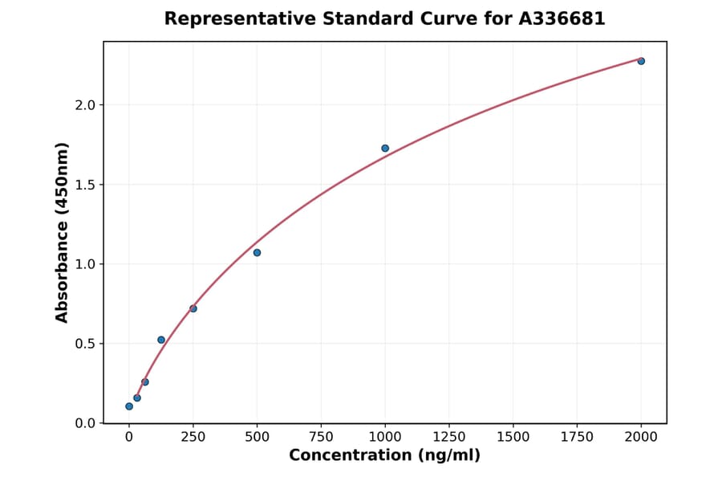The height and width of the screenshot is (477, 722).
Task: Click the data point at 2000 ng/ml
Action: (x=641, y=61)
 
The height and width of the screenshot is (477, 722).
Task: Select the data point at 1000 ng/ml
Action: (x=385, y=149)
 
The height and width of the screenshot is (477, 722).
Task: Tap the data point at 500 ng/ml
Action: (x=257, y=253)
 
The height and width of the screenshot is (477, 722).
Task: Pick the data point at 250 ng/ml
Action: (x=193, y=308)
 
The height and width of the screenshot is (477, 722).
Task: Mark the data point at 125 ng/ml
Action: (x=161, y=340)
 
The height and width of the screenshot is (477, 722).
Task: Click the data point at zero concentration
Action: (x=129, y=406)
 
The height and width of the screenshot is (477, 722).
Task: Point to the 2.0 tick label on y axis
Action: (x=85, y=105)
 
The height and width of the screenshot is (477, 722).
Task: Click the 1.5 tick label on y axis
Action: (x=85, y=185)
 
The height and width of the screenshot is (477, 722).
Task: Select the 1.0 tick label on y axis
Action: (x=85, y=264)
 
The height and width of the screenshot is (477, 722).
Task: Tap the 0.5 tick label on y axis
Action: (x=85, y=344)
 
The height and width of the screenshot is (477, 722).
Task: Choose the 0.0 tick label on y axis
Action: (x=85, y=423)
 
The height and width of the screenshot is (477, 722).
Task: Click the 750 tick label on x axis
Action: (x=321, y=437)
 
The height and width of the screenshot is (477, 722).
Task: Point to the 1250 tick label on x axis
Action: (x=449, y=437)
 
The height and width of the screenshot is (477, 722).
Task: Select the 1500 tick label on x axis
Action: (x=513, y=437)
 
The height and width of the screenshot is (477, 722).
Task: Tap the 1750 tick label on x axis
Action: (x=577, y=437)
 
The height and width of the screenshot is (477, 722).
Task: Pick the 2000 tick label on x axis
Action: (x=641, y=437)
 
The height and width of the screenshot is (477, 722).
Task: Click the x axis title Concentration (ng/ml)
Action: (x=384, y=456)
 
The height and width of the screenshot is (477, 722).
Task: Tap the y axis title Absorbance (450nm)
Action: (x=63, y=232)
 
